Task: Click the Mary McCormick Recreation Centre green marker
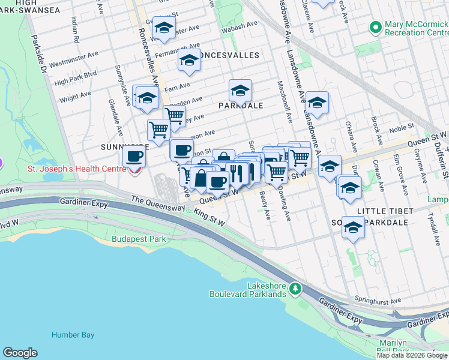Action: [376, 28]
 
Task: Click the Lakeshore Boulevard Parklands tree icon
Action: [295, 289]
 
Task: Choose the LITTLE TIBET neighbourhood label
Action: [385, 211]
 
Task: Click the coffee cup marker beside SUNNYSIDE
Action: [134, 157]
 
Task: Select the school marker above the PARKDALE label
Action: [240, 91]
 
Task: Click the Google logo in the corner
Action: [20, 353]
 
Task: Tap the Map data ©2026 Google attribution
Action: [412, 355]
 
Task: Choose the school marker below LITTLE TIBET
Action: [354, 227]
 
